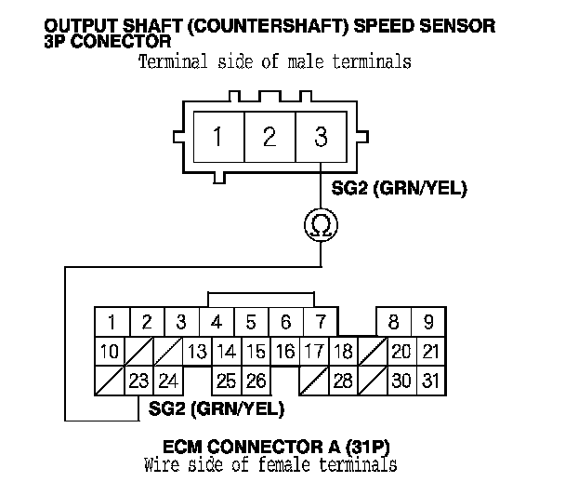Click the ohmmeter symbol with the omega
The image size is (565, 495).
pos(321,225)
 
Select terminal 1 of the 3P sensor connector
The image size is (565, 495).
pos(219,137)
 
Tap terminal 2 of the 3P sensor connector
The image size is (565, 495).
pos(269,137)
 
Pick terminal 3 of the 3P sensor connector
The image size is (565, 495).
pos(321,137)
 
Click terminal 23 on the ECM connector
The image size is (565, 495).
pos(138,381)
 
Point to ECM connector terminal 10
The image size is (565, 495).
pos(109,352)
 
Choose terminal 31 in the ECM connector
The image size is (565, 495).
pos(431,381)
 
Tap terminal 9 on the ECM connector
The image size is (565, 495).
pos(428,322)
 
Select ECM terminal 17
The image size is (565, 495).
pos(314,352)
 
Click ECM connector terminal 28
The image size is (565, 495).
pos(343,381)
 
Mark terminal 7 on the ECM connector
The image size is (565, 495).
pos(321,322)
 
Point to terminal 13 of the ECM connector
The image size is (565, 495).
pos(197,352)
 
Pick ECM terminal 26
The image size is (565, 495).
pos(256,381)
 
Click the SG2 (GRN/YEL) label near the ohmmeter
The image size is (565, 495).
pos(399,188)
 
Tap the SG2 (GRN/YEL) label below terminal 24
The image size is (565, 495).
pos(217,408)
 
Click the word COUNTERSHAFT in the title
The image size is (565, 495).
pos(268,26)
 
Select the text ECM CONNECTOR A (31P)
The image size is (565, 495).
pos(276,447)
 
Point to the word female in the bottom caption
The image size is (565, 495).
pos(284,464)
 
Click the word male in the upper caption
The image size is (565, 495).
pos(306,61)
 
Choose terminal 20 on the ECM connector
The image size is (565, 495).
pos(401,352)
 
